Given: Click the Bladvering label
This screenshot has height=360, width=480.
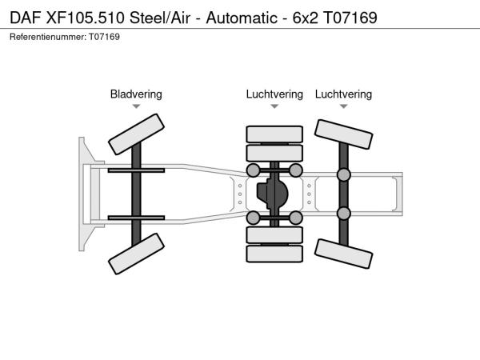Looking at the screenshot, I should tap(136, 94).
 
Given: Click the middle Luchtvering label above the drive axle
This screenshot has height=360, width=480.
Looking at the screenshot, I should tap(274, 94).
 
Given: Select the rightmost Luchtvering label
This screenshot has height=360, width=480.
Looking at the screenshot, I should tap(343, 94).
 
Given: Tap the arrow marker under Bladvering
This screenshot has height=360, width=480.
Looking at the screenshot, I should tap(137, 106).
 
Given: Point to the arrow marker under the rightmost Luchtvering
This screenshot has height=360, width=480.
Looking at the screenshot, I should tap(343, 106).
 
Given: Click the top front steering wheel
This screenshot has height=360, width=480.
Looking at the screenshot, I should tap(136, 134).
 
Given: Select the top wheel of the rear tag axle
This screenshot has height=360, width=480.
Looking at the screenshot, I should tap(343, 134).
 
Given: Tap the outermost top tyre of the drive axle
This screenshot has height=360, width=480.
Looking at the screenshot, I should tap(274, 134).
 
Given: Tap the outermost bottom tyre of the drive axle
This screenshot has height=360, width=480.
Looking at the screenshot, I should tap(274, 254).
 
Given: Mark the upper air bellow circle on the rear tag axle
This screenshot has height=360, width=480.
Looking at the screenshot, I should tap(344, 175).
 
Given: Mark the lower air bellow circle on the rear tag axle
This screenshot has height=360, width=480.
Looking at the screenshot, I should tap(344, 213).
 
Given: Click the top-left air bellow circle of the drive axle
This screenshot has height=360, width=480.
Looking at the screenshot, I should tap(254, 170).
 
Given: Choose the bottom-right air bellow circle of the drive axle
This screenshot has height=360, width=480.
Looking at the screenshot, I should tap(295, 218).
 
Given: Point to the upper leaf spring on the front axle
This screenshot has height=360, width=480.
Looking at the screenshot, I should tap(136, 170).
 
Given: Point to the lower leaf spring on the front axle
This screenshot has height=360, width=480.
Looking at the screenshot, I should tap(136, 218).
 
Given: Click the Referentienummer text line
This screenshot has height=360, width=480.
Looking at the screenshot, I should tap(65, 38).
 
